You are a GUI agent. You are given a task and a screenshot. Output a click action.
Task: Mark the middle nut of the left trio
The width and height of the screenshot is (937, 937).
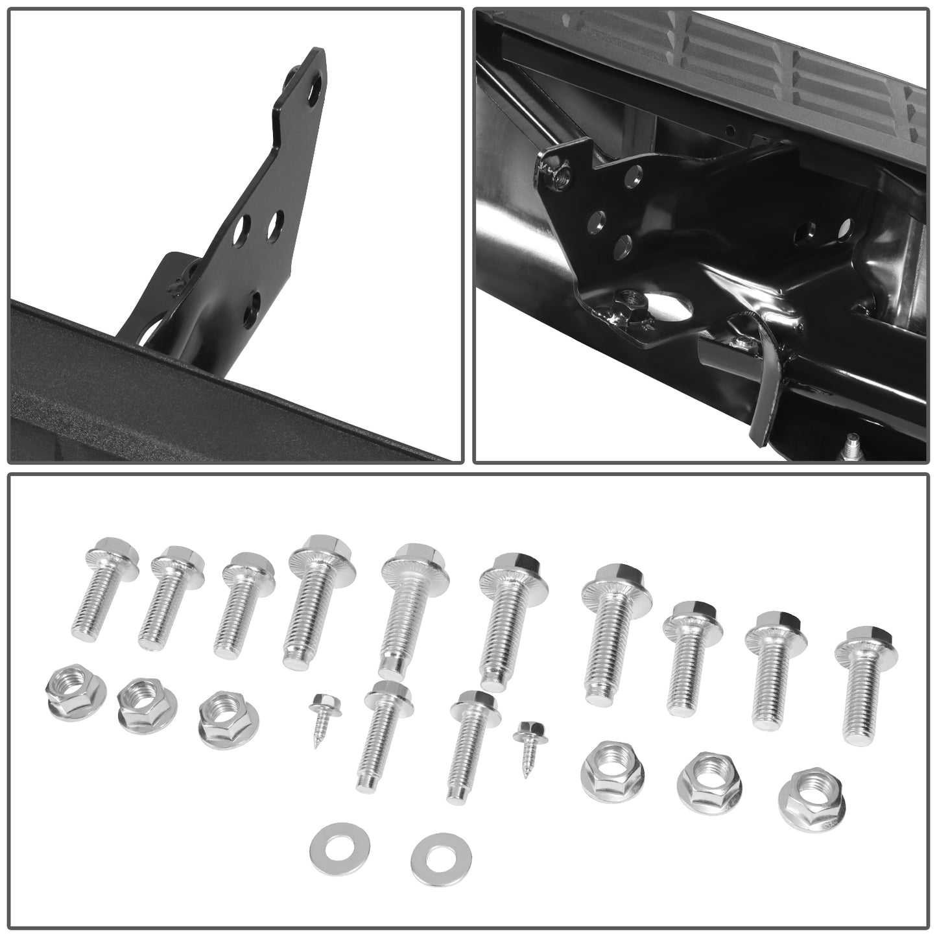142,704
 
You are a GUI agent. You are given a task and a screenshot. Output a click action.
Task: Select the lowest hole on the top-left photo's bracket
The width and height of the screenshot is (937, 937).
252,301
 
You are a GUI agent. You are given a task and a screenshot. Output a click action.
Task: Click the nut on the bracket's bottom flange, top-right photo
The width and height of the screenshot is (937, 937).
626,300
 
